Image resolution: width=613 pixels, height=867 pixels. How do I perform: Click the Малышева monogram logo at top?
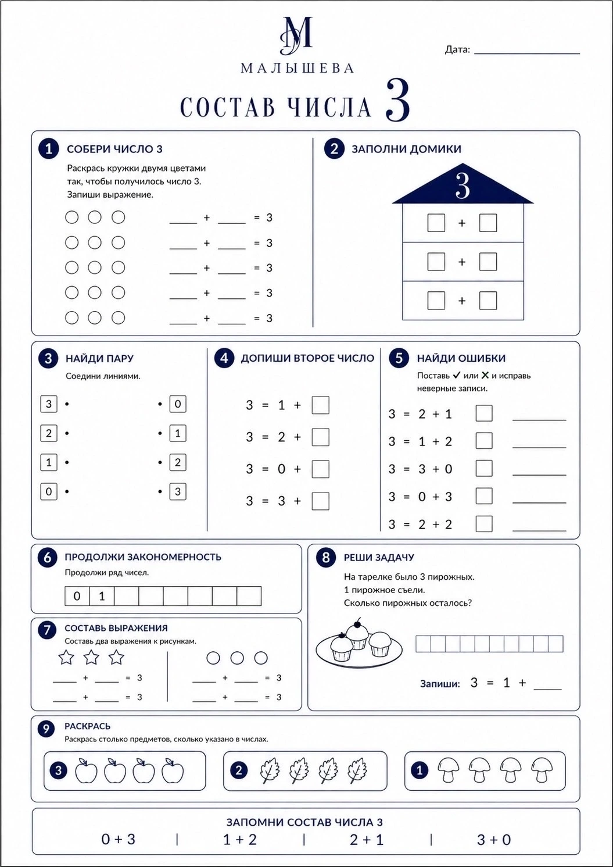(x=296, y=35)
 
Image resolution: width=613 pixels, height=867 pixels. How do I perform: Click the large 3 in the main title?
(x=397, y=101)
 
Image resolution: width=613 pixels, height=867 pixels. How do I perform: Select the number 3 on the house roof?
(x=463, y=186)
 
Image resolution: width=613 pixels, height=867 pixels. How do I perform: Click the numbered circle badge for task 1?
(x=48, y=149)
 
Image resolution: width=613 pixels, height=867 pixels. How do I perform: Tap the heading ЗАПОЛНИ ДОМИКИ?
(x=406, y=149)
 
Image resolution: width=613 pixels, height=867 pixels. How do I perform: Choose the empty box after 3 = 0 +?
(x=320, y=469)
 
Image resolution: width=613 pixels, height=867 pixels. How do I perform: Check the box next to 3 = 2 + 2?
(x=484, y=524)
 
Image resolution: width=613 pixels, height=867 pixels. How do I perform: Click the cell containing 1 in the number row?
(x=102, y=596)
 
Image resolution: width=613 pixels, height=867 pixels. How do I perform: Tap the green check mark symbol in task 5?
(x=456, y=375)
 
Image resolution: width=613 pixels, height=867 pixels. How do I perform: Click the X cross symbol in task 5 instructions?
(x=485, y=375)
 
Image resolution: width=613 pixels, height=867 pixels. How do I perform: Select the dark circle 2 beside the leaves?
(x=239, y=770)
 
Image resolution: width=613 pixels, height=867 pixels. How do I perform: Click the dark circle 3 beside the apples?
(x=59, y=770)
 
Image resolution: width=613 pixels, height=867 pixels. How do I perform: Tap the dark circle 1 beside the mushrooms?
(x=420, y=770)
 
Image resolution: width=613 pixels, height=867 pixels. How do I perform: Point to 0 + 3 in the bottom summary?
(x=119, y=839)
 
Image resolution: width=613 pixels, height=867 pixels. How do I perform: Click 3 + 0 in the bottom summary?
(x=494, y=840)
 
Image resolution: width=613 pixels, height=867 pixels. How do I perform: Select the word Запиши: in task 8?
(x=440, y=684)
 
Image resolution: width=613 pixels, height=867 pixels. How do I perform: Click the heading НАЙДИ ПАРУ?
(x=99, y=358)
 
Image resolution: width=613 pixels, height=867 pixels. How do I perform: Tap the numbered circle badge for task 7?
(x=47, y=630)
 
